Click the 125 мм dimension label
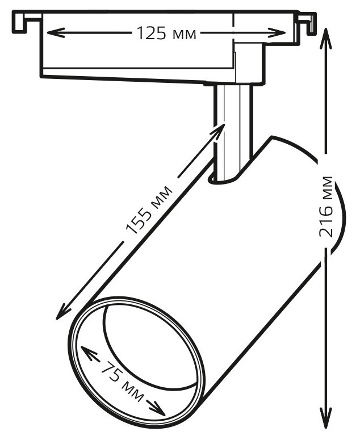point(166,33)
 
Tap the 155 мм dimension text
point(149,210)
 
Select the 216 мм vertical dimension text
point(326,207)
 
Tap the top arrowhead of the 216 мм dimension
point(326,38)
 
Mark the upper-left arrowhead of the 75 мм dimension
point(89,353)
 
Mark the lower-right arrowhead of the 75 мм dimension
point(157,408)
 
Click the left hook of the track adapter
point(26,22)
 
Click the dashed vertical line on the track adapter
point(234,28)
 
